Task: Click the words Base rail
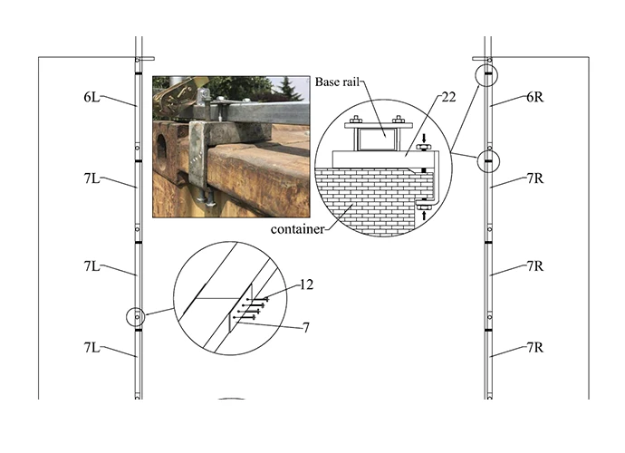(x=337, y=82)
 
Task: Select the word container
(x=298, y=230)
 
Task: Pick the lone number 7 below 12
(x=306, y=327)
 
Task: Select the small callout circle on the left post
(x=134, y=317)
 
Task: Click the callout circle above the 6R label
(x=487, y=72)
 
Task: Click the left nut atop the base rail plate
(x=357, y=120)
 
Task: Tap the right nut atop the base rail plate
(x=399, y=120)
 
